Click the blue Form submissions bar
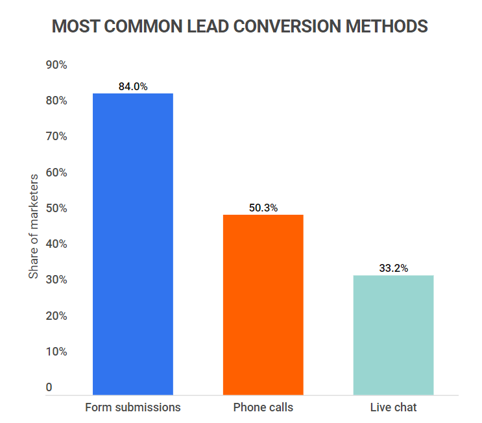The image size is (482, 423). point(132,243)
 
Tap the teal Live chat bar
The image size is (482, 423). point(393,334)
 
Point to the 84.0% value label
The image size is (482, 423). point(133,86)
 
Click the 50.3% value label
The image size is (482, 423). point(263,208)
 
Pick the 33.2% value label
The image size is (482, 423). point(393,268)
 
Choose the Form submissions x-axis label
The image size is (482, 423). point(133,407)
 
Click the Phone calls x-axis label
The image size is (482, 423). point(263,407)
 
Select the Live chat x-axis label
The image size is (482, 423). point(393,407)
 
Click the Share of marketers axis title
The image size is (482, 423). point(34,226)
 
